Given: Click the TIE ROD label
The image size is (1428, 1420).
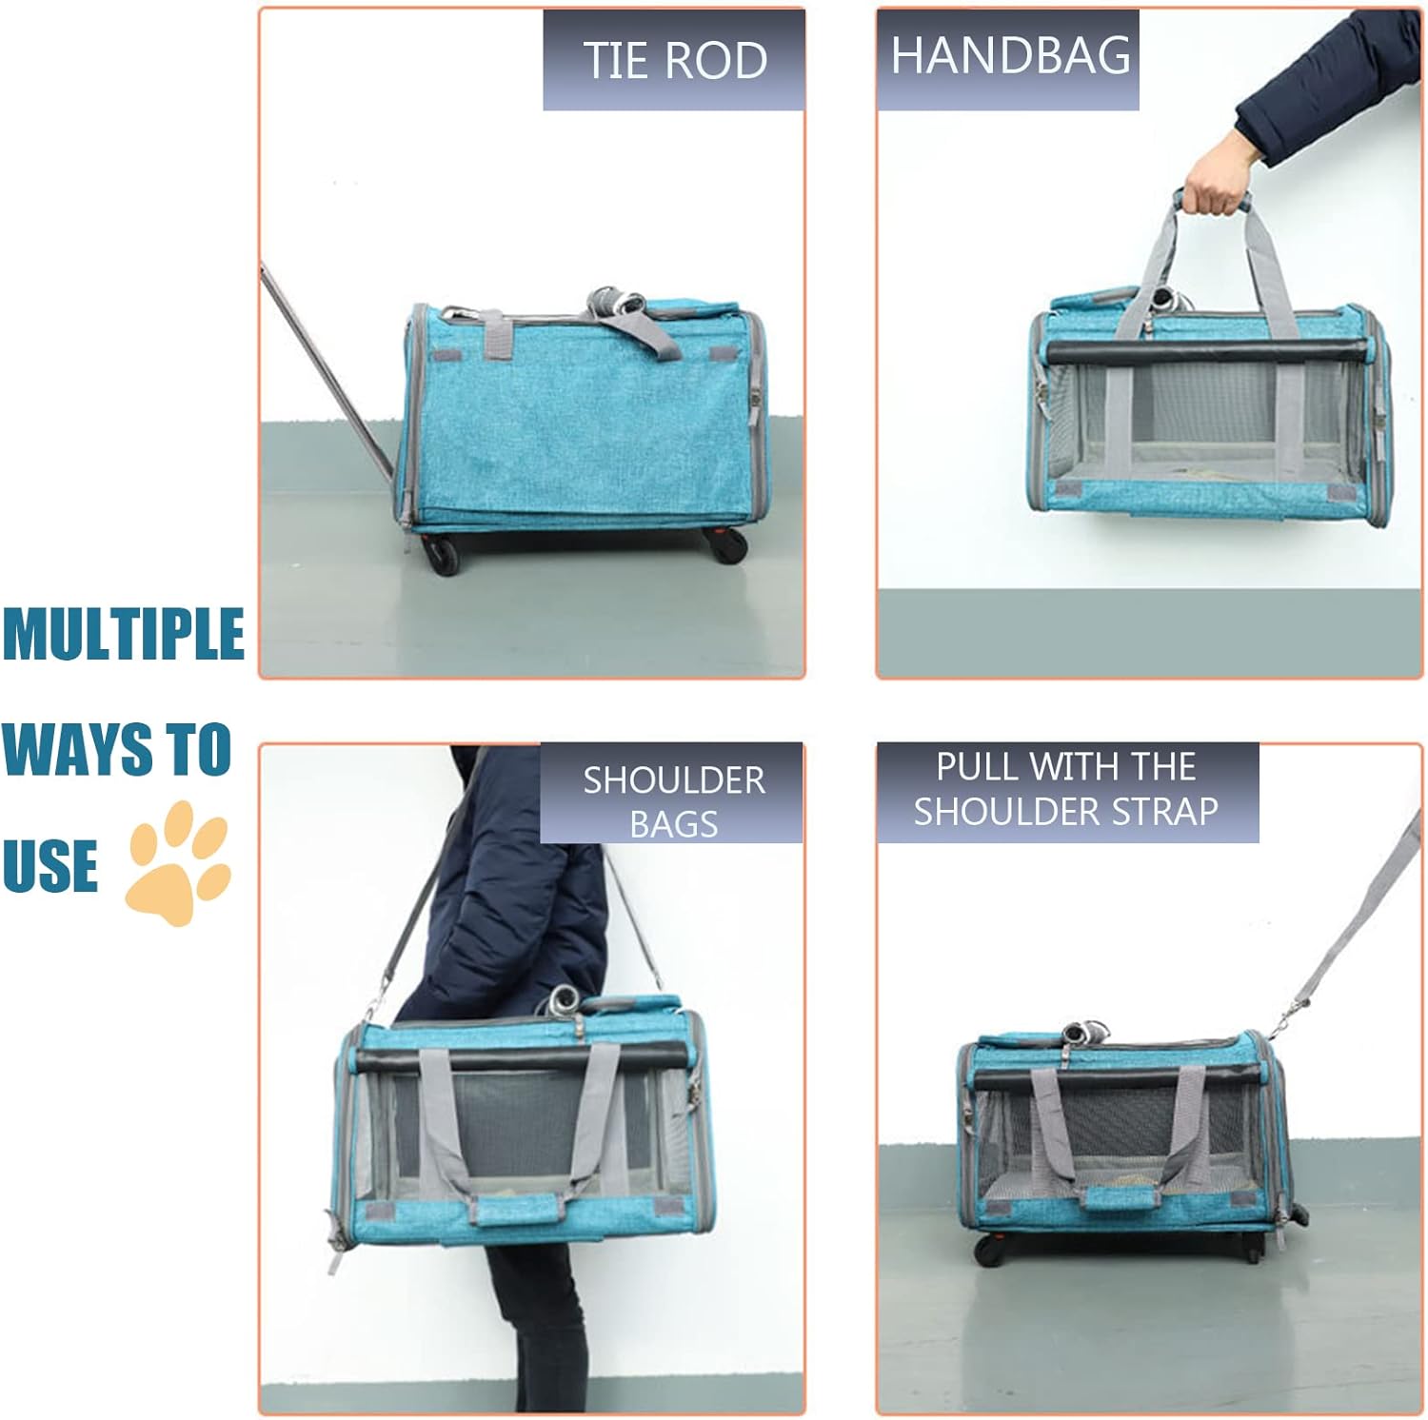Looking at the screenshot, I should coord(674,60).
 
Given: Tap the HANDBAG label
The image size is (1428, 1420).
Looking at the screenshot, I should coord(1009,56).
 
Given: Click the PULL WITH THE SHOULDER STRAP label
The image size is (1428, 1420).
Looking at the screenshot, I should coord(1066,789).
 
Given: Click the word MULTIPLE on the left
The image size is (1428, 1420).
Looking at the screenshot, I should coord(123,634).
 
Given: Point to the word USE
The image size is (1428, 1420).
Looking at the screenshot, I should coord(50,865).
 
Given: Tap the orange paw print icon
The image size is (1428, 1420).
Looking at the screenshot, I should coord(179,862).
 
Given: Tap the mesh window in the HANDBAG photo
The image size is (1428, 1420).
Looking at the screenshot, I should coord(1209,419).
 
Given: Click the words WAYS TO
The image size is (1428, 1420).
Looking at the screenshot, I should coord(116,750).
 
